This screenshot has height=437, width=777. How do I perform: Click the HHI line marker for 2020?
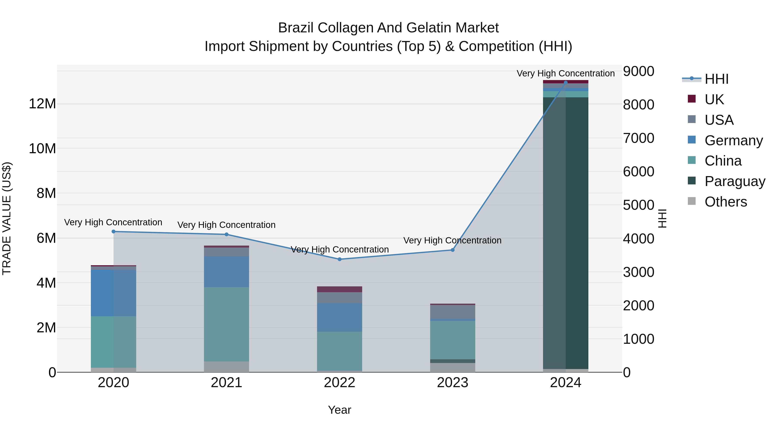[113, 232]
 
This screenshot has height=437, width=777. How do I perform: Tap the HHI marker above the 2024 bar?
[565, 82]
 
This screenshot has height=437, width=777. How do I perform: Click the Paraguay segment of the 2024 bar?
[565, 232]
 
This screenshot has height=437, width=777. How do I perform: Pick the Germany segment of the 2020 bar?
[113, 293]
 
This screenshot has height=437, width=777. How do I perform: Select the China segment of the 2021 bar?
[227, 324]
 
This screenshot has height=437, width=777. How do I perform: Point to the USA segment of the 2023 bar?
[452, 312]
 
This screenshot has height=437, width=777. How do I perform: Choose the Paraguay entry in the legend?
[735, 181]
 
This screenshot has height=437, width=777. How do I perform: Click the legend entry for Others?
[725, 202]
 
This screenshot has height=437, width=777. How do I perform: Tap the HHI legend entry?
[716, 79]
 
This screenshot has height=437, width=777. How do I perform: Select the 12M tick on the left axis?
[42, 104]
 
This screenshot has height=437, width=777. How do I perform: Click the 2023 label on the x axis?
[452, 383]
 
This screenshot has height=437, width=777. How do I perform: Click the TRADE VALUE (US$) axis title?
[7, 218]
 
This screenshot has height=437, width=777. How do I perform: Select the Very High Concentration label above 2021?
[227, 225]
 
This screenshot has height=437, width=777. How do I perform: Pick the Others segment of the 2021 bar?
[227, 366]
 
